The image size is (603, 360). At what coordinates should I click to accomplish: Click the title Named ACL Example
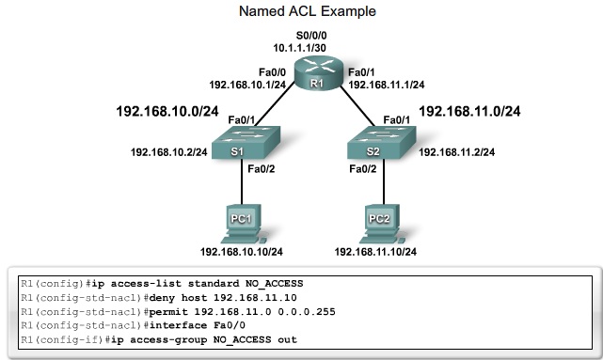click(x=301, y=12)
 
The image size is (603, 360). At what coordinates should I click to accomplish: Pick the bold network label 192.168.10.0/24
click(x=167, y=111)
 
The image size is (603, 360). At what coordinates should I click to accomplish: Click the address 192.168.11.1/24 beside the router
click(x=387, y=82)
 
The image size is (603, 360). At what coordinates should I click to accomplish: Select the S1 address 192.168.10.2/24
click(x=168, y=150)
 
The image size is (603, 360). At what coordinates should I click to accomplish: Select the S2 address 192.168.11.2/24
click(x=457, y=150)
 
